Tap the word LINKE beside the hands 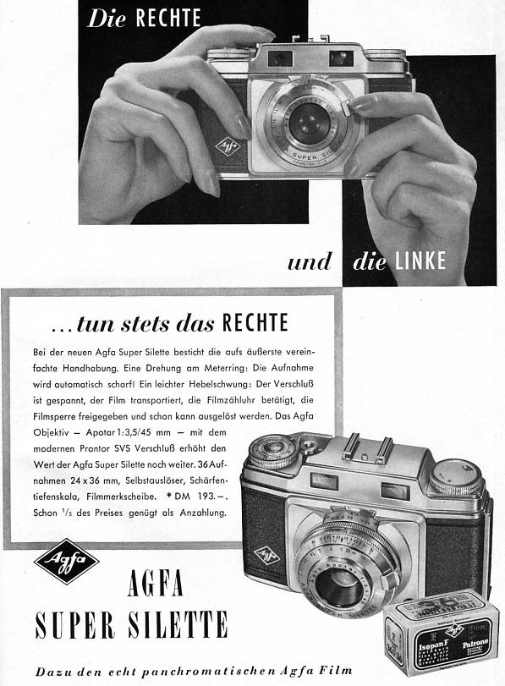(420, 261)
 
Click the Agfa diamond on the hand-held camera (227, 145)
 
